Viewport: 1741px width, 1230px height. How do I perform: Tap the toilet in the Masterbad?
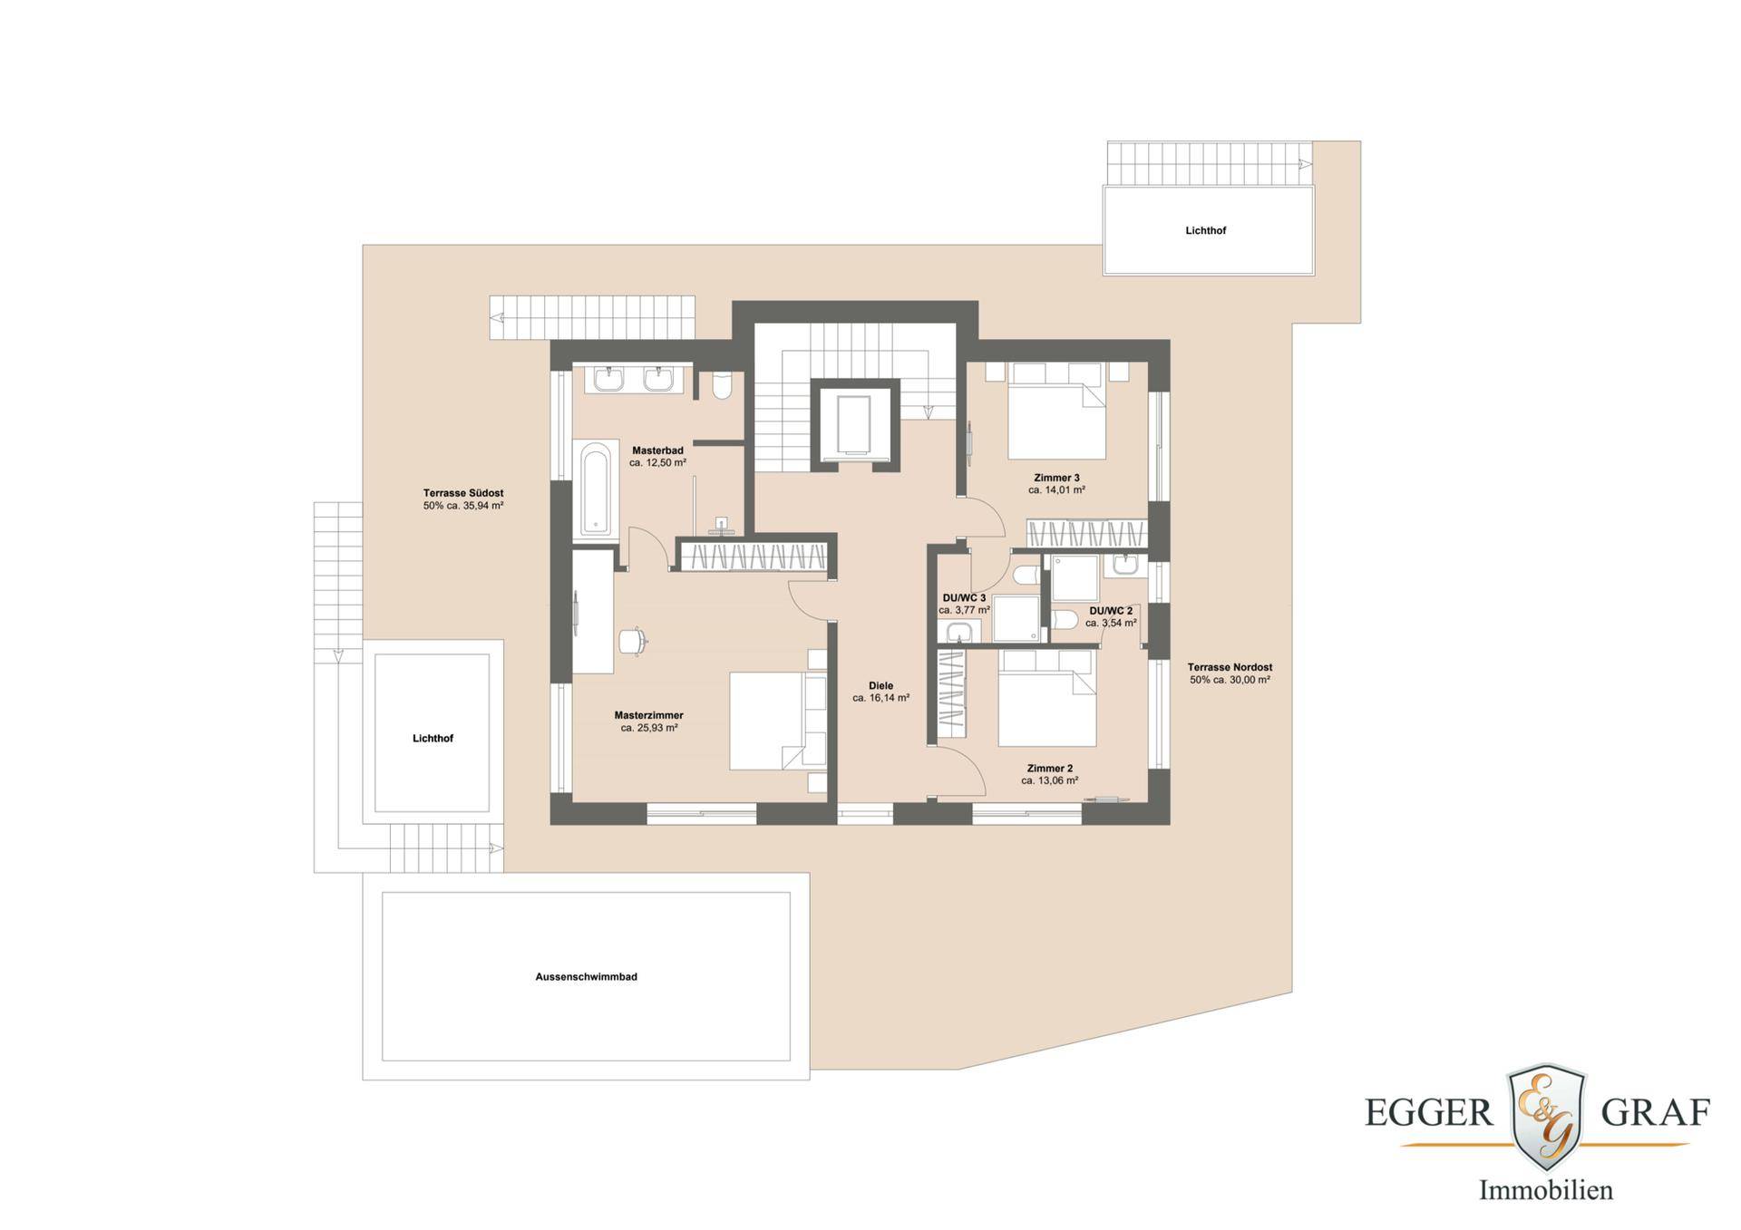point(723,384)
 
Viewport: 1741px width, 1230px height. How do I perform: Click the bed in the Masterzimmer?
point(779,721)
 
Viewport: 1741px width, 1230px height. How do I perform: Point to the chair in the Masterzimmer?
point(633,640)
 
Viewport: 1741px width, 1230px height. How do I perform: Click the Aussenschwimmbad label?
point(586,977)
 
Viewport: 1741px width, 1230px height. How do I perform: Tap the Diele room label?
point(880,686)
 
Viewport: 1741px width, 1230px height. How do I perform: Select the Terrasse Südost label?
point(463,493)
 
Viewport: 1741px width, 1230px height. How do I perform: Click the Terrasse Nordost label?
point(1230,667)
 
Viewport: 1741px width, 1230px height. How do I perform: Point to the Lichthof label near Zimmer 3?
point(1205,231)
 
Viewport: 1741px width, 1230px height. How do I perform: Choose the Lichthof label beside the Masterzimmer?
point(433,739)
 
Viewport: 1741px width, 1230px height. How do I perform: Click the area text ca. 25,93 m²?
point(649,728)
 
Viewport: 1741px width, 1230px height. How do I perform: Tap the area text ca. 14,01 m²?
point(1056,490)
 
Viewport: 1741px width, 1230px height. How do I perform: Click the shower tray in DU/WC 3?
point(1016,618)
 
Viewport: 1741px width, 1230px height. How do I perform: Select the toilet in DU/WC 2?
point(1065,620)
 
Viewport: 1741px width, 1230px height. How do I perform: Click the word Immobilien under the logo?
point(1546,1189)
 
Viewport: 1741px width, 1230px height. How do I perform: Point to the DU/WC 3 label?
point(964,598)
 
